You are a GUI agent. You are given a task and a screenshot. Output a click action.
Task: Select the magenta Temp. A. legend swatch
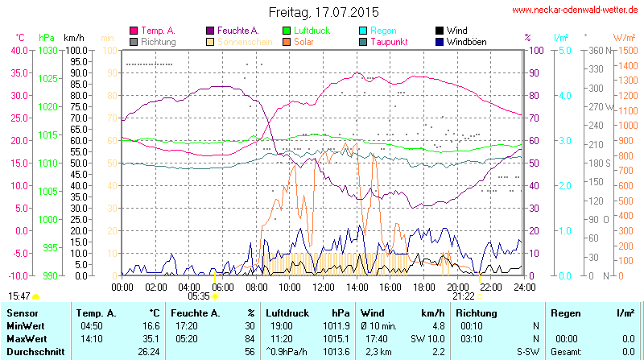(134, 31)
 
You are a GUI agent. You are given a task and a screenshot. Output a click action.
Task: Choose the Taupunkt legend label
(389, 41)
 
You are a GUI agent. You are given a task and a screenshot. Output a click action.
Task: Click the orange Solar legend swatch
(287, 41)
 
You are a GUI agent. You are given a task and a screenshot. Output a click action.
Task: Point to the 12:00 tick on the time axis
(323, 287)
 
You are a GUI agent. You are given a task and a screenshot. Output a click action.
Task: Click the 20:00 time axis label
(457, 287)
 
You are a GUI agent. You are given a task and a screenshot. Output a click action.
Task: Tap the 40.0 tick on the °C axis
(17, 50)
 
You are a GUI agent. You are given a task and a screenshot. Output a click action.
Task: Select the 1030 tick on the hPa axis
(48, 50)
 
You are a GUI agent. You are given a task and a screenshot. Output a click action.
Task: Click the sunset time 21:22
(463, 296)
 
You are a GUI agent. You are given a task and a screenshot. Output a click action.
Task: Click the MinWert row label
(26, 325)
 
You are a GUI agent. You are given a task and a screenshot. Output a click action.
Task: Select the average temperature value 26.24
(148, 351)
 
